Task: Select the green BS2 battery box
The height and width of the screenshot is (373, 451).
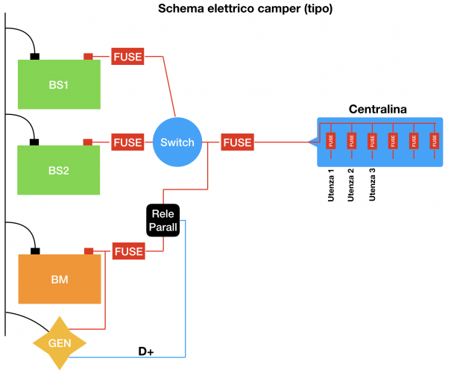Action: pyautogui.click(x=60, y=170)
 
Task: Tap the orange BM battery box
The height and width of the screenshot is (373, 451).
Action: pyautogui.click(x=60, y=279)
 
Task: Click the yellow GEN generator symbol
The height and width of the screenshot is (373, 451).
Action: pyautogui.click(x=60, y=344)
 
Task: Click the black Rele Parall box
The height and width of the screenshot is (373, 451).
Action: pyautogui.click(x=163, y=220)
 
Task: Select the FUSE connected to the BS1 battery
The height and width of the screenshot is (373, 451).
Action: pyautogui.click(x=127, y=56)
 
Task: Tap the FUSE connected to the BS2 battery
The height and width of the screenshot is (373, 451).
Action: pyautogui.click(x=127, y=142)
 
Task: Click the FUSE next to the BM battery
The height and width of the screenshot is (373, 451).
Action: pyautogui.click(x=127, y=251)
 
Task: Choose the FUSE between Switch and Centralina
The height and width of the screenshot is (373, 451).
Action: pyautogui.click(x=237, y=142)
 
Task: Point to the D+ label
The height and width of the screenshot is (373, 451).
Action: pyautogui.click(x=146, y=350)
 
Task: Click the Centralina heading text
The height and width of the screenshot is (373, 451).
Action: pyautogui.click(x=377, y=110)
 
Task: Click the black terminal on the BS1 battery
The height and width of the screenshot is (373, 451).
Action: pyautogui.click(x=34, y=56)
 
